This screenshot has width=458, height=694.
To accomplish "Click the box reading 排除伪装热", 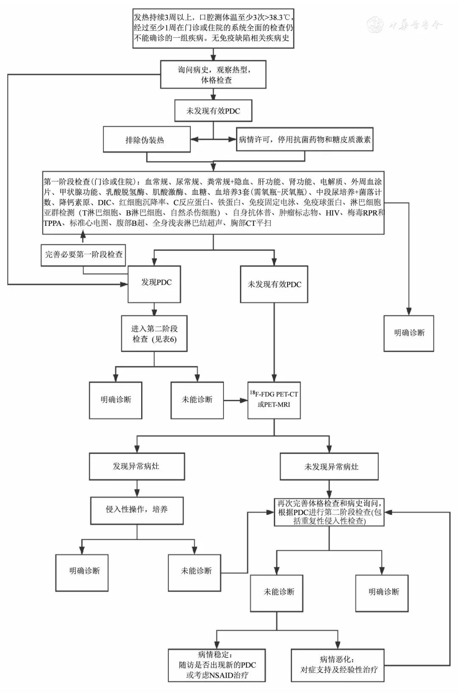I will pos(146,139).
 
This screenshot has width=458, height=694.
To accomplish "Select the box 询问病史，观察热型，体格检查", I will pos(213,75).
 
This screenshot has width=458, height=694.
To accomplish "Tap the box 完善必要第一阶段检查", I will pos(84,255).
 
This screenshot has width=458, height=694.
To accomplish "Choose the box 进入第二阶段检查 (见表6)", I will pos(154,333).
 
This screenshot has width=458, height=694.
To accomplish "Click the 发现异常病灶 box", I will pos(137,466).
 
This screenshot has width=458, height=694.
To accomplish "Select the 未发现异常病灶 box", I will pos(329,466).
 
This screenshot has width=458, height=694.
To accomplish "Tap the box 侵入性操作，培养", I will pos(137,510).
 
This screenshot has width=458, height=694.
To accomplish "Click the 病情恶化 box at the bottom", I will pos(338,665).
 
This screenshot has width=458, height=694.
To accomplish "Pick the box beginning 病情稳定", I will pos(217,665).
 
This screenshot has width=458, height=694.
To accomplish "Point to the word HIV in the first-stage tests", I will pos(332,213).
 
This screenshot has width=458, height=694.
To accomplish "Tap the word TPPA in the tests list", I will pos(53,223).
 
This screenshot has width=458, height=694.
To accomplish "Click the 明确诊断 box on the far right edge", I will pos(409,333).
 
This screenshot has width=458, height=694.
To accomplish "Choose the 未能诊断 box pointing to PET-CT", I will pos(197,400).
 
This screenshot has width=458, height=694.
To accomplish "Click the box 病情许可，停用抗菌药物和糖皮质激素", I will pos(304,139).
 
